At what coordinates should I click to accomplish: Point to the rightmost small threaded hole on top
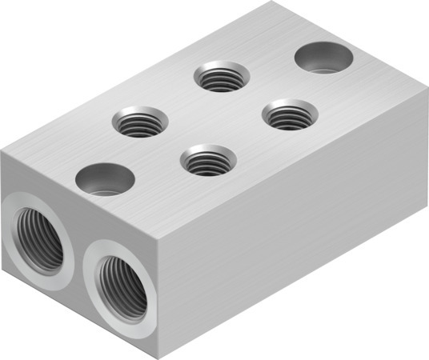[x=289, y=116]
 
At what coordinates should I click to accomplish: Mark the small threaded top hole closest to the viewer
[x=206, y=160]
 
